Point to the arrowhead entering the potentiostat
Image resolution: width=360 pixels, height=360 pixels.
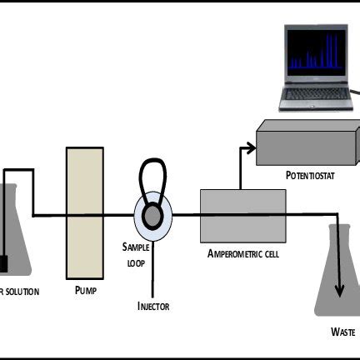252,147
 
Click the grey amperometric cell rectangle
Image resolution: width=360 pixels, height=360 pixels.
242,213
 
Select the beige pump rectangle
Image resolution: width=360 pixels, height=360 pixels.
84,212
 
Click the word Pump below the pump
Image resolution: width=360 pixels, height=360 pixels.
87,291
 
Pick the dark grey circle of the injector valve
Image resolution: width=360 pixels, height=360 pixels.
153,215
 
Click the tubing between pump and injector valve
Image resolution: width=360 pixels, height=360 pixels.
118,215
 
